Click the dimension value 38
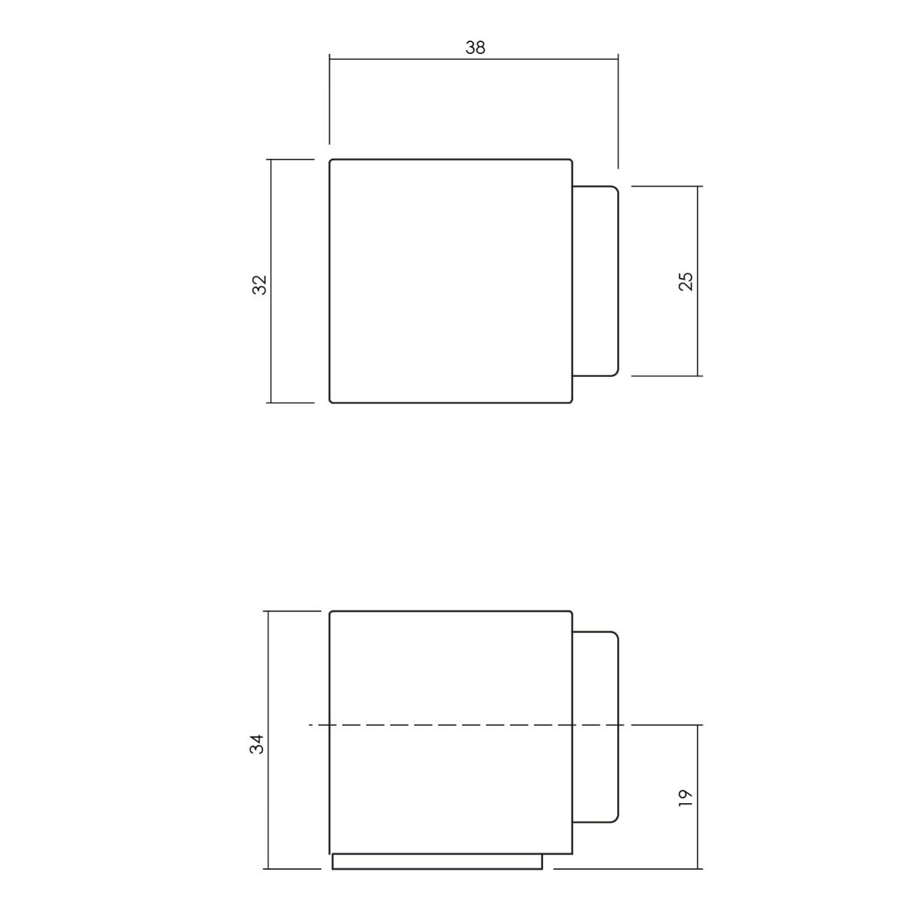tap(475, 48)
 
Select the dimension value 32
tap(259, 285)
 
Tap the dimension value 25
tap(685, 281)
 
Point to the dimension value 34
tap(257, 744)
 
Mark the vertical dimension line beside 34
tap(267, 674)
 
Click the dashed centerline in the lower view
tap(449, 724)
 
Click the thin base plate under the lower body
tap(437, 862)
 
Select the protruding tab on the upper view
tap(596, 281)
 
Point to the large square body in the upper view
tap(450, 281)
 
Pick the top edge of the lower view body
tap(449, 612)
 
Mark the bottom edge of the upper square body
tap(450, 402)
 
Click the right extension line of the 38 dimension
tap(617, 112)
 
